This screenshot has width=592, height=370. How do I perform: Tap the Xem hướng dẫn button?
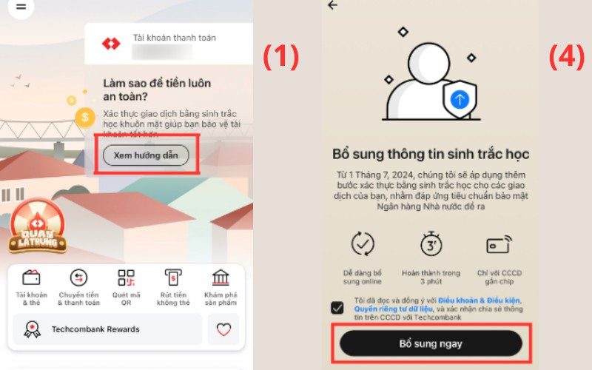pyautogui.click(x=146, y=155)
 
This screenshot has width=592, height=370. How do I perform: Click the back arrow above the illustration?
pyautogui.click(x=332, y=5)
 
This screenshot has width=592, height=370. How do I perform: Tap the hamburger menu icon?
pyautogui.click(x=21, y=6)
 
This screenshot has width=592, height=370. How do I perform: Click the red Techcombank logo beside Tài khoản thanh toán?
pyautogui.click(x=111, y=44)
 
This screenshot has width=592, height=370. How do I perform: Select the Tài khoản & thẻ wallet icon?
pyautogui.click(x=31, y=278)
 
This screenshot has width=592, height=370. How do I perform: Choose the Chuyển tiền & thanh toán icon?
pyautogui.click(x=78, y=278)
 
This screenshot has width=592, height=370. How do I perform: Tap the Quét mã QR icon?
pyautogui.click(x=126, y=278)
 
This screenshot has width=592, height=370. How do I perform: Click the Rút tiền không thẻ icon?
pyautogui.click(x=173, y=278)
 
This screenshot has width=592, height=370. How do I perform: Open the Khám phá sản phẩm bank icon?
pyautogui.click(x=221, y=278)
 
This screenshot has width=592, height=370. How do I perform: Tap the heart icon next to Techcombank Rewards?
pyautogui.click(x=223, y=330)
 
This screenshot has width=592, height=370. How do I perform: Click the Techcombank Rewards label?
pyautogui.click(x=95, y=329)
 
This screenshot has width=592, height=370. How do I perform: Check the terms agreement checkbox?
pyautogui.click(x=337, y=307)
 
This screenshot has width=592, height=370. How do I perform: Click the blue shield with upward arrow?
pyautogui.click(x=460, y=98)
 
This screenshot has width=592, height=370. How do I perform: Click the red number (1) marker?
pyautogui.click(x=281, y=57)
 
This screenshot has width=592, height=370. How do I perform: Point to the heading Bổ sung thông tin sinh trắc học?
pyautogui.click(x=431, y=154)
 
